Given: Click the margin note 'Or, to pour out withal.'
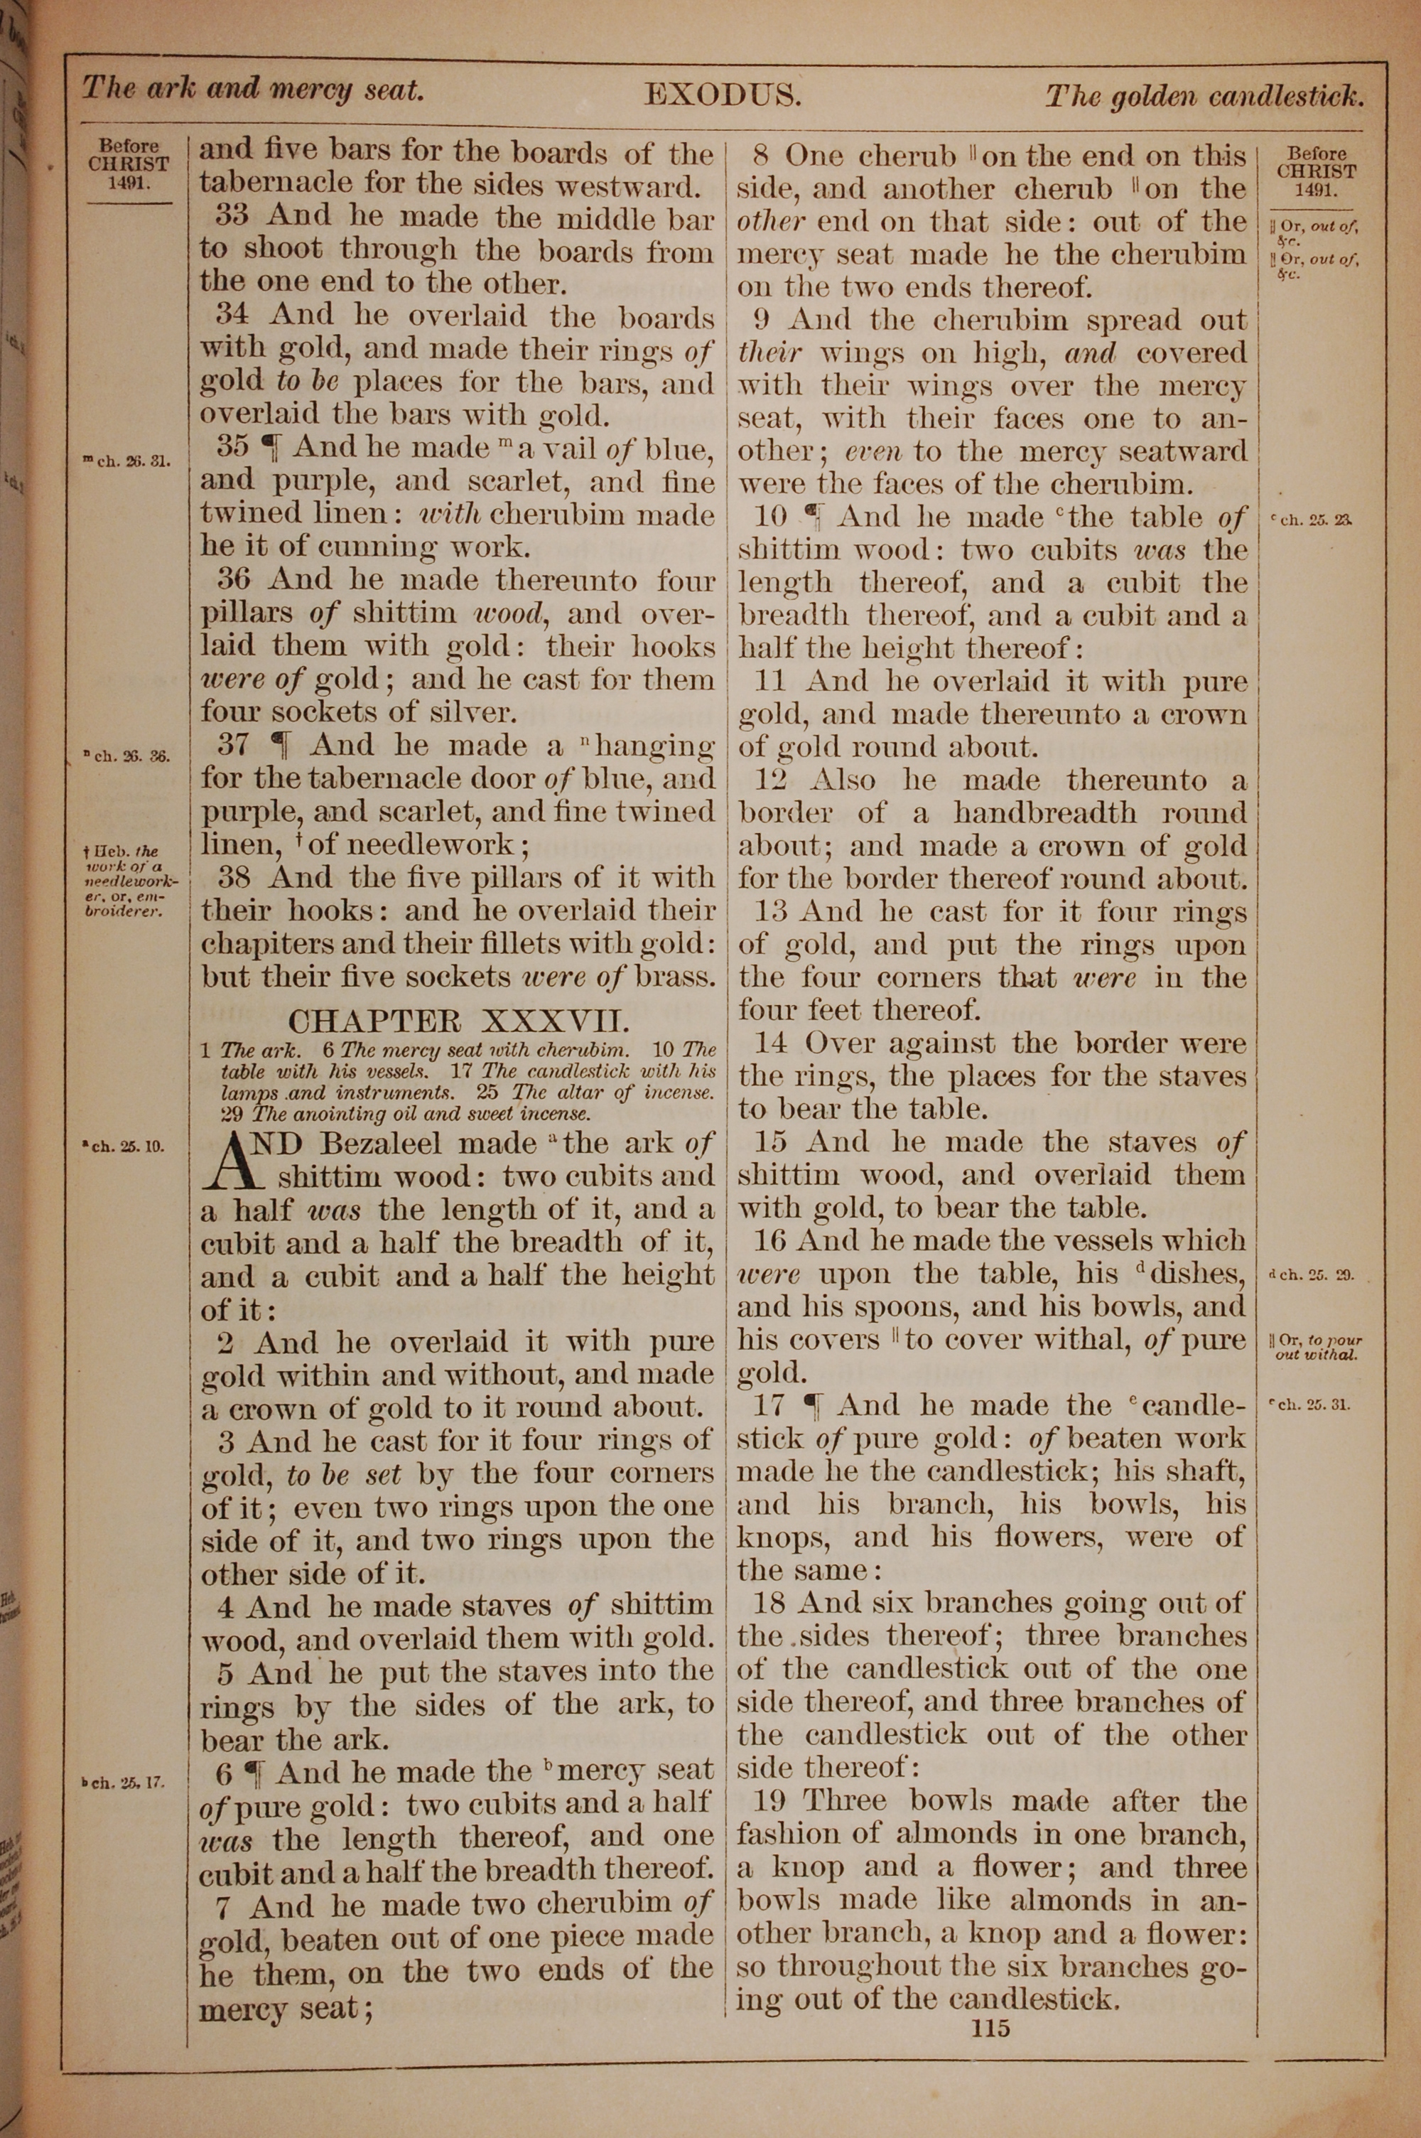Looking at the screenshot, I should coord(1316,1348).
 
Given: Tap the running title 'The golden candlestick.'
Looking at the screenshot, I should coord(1204,96).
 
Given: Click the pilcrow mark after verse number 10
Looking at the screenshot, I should coord(812,517).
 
